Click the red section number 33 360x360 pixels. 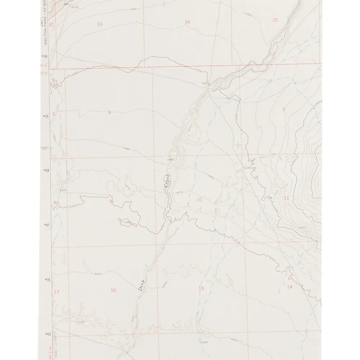(x=100, y=24)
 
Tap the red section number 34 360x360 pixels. (x=187, y=22)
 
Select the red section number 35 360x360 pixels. (x=275, y=20)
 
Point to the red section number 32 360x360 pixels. (x=51, y=25)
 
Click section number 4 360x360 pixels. (x=109, y=113)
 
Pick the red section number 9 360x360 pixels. (x=111, y=201)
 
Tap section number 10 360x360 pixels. (x=199, y=199)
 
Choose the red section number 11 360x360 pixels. (x=287, y=198)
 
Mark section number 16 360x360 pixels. (x=113, y=290)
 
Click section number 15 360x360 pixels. (x=201, y=288)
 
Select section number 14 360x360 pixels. (x=289, y=287)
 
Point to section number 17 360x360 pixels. (x=56, y=292)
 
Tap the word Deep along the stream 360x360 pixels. (x=141, y=285)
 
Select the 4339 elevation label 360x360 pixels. (x=75, y=7)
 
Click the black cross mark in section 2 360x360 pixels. (x=238, y=145)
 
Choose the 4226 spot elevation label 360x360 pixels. (x=204, y=342)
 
